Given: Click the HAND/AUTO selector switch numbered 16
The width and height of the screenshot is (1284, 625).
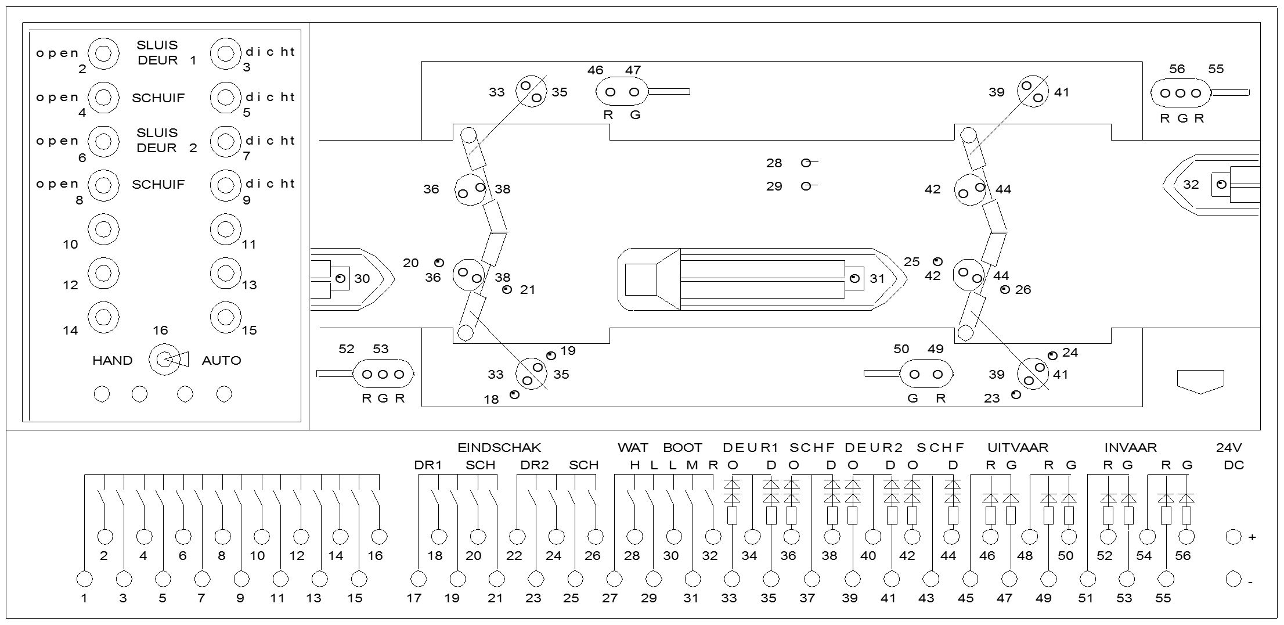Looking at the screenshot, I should click(x=165, y=360).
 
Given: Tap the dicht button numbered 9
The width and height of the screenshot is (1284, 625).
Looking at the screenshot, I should click(x=226, y=185).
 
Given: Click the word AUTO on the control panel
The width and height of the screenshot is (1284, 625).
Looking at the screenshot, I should click(x=221, y=361).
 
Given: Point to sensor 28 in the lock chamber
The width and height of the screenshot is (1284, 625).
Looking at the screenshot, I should click(x=806, y=163).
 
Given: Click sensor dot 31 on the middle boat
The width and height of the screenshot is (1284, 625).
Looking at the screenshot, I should click(x=854, y=278).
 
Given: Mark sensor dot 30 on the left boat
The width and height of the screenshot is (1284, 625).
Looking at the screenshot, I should click(x=341, y=278).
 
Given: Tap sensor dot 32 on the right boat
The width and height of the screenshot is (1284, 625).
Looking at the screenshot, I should click(x=1221, y=184).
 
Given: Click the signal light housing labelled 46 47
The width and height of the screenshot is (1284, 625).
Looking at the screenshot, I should click(x=622, y=92).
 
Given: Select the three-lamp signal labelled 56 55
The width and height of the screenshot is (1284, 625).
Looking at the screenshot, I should click(x=1180, y=93).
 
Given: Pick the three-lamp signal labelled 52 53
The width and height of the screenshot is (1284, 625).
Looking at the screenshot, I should click(x=383, y=374).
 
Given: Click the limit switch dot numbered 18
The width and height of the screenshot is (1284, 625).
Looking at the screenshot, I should click(x=514, y=395).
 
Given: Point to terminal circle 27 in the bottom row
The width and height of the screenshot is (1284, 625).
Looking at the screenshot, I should click(x=614, y=579).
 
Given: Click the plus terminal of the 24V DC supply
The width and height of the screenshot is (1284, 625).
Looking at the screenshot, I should click(x=1233, y=537).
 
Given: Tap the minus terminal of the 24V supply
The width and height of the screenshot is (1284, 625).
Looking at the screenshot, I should click(x=1233, y=579).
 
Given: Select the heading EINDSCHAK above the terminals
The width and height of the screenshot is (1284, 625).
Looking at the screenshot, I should click(x=499, y=448).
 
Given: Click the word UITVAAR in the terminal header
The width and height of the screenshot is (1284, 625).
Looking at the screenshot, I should click(x=1018, y=448).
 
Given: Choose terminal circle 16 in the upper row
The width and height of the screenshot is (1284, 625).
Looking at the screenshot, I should click(x=378, y=536).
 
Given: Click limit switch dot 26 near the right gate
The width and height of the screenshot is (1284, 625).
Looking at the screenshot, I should click(x=1005, y=289).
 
